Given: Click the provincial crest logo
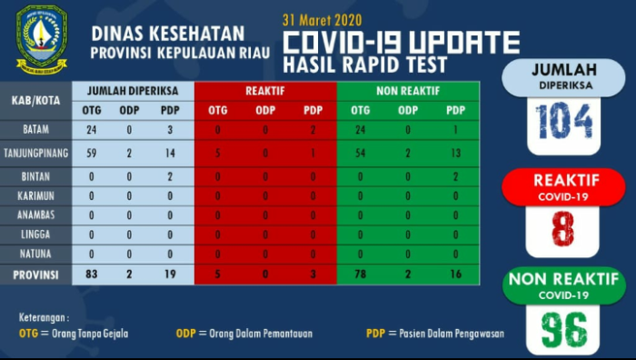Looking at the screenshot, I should point(42,38).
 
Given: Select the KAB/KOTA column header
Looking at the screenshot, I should point(35,100).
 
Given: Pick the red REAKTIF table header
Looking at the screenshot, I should point(265,92).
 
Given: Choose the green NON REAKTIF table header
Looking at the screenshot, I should point(408,92).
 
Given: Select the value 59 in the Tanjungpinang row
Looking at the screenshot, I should point(91,154).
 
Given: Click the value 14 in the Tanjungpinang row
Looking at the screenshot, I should point(169,154).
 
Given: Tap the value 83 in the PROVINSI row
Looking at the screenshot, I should point(91,274).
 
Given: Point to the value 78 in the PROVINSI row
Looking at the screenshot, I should point(364,274).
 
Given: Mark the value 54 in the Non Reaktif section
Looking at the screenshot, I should point(364,154).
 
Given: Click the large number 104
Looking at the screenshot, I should point(563,119).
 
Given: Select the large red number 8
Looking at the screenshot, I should point(563,227).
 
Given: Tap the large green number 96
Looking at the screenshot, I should point(563,327).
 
